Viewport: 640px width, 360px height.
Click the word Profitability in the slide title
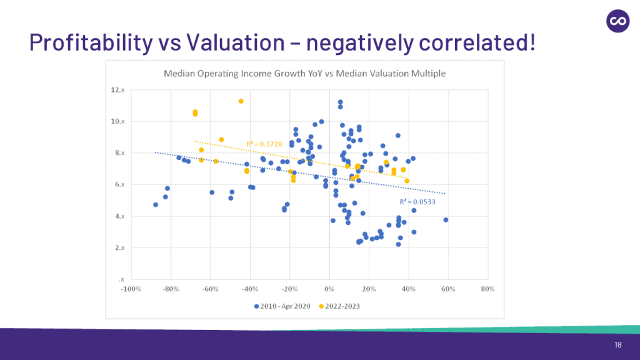[90, 42]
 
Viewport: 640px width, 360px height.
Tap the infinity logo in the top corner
[618, 21]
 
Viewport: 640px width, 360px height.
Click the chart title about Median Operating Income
[304, 74]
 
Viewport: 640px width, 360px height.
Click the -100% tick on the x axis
[130, 289]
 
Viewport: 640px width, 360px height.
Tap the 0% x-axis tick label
[329, 289]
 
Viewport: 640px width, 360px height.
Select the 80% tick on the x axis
[488, 289]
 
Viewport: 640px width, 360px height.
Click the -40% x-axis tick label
[249, 289]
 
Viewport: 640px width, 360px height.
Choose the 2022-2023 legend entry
[339, 306]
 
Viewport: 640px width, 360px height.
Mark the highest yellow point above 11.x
[241, 101]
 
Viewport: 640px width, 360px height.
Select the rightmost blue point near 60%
[446, 220]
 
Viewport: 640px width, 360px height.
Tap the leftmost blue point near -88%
[156, 204]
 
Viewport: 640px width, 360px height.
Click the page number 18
[617, 346]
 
